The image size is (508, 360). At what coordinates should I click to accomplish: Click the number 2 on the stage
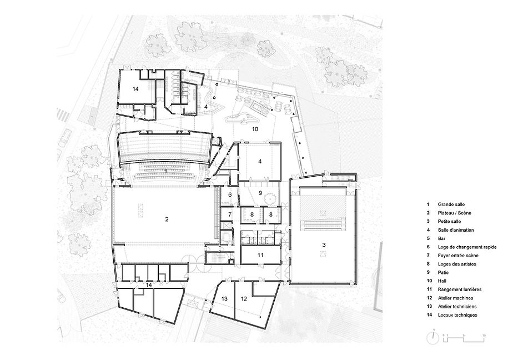(167, 219)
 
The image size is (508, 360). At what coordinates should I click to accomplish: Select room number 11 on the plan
(260, 254)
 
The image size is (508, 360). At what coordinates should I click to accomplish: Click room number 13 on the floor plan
(225, 299)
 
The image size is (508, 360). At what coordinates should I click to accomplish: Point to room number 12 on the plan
(243, 299)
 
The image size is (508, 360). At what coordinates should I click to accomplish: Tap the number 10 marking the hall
(255, 129)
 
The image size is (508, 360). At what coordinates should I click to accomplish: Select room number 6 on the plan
(229, 195)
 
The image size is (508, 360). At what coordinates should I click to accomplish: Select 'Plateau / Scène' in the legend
(452, 213)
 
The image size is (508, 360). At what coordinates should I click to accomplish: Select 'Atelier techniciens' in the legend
(457, 306)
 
